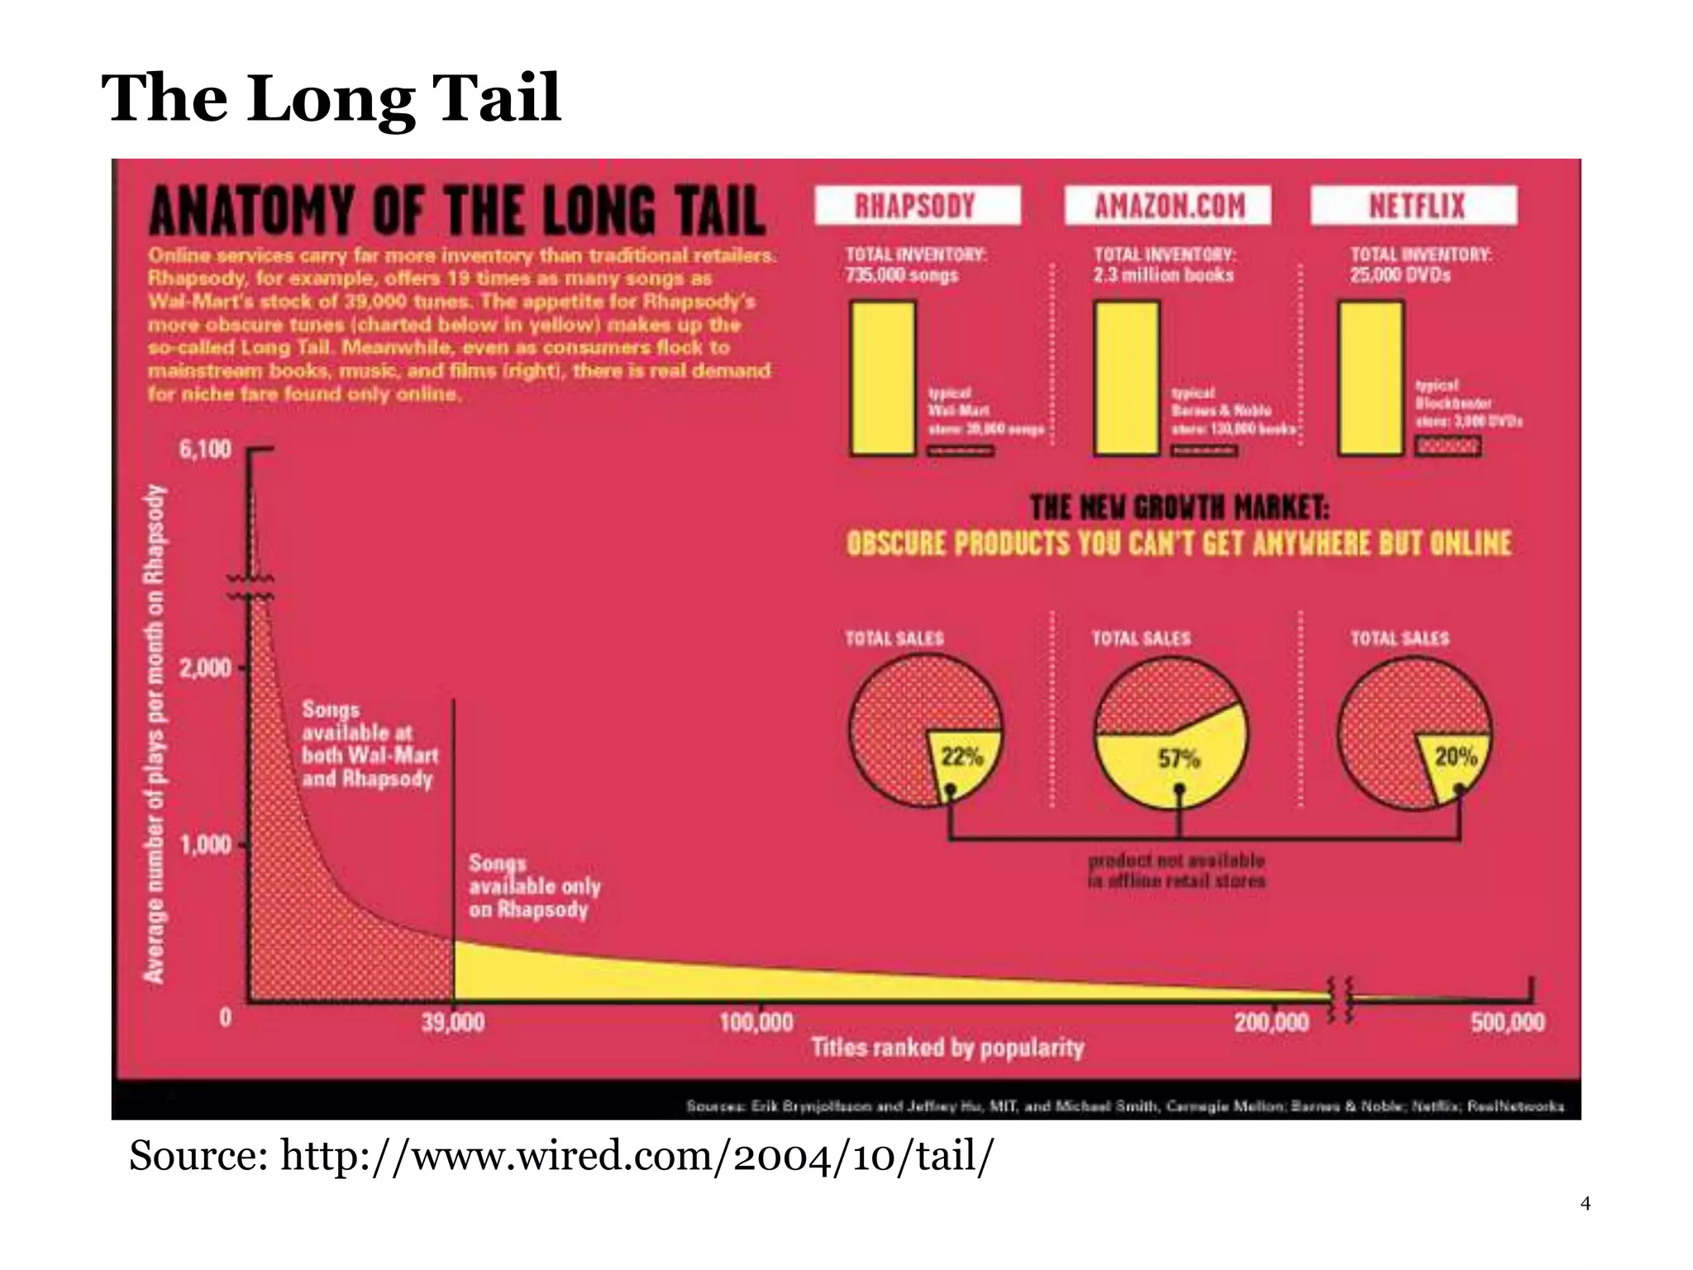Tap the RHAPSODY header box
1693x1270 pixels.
tap(916, 205)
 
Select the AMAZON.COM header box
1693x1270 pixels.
tap(1168, 205)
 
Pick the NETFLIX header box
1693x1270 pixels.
tap(1414, 205)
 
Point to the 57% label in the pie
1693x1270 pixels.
tap(1179, 758)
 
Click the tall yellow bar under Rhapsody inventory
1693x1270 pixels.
tap(883, 378)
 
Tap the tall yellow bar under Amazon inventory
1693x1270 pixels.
tap(1127, 378)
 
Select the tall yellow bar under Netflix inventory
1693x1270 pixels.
tap(1371, 378)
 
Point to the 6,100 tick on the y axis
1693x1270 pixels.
tap(205, 450)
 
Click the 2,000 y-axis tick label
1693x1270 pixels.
tap(205, 668)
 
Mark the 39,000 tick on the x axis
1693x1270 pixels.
tap(453, 1023)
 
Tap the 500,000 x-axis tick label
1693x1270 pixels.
tap(1507, 1023)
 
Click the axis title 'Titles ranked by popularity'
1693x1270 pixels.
tap(947, 1048)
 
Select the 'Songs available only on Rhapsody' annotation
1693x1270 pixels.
tap(534, 886)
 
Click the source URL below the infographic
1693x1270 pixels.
tap(562, 1156)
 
